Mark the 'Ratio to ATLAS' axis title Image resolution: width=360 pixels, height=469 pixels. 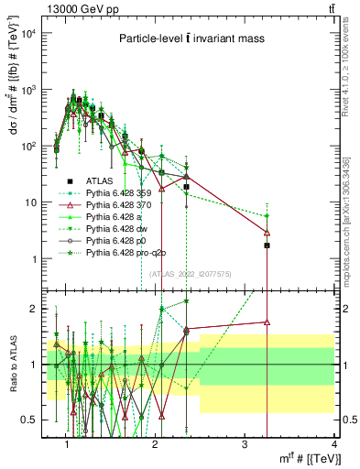(x=13, y=364)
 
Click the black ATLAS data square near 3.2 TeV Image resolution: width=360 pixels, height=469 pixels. (x=267, y=245)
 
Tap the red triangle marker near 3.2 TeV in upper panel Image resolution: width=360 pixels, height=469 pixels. (x=267, y=233)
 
